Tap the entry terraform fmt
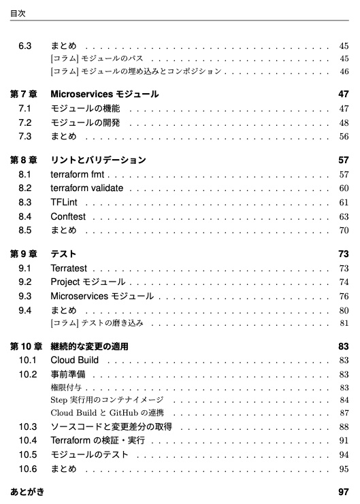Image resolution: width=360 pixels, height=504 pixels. point(77,175)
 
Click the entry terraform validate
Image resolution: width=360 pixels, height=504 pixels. point(87,188)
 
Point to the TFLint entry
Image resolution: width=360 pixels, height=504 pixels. point(64,203)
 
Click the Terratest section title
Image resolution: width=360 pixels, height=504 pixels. point(69,269)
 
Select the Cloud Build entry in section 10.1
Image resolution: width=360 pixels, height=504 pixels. point(74,360)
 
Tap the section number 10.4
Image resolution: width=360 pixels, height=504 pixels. point(27,441)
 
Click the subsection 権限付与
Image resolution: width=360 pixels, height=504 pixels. point(66,388)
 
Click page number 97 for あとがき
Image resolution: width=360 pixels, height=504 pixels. point(343,492)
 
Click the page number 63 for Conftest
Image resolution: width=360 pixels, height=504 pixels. point(344,217)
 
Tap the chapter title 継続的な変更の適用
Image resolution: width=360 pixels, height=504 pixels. point(89,347)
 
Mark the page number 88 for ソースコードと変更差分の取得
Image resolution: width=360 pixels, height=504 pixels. point(344,427)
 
